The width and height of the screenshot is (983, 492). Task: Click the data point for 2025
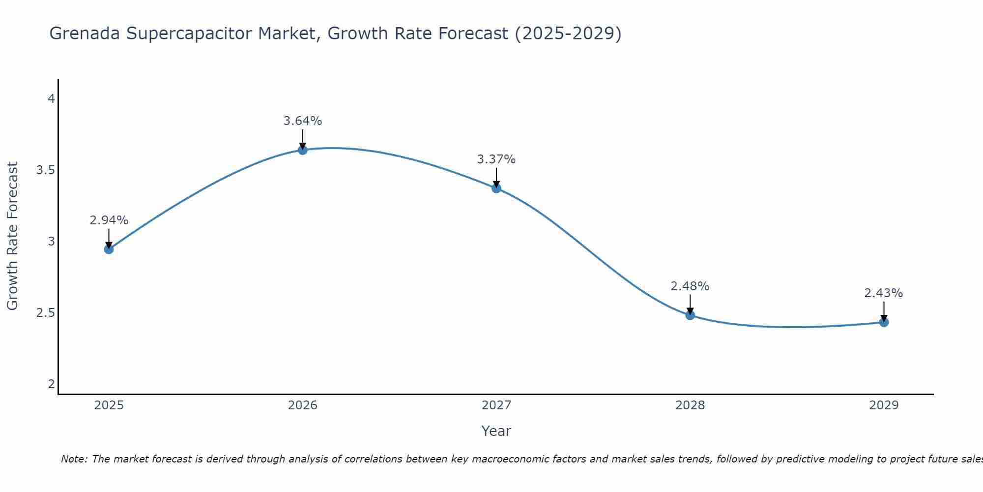109,249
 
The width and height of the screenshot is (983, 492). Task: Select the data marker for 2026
303,150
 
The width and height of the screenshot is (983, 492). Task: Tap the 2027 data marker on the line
496,188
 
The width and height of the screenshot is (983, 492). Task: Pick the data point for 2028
690,315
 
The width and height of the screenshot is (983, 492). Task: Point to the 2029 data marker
884,322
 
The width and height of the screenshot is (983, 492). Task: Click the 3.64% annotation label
303,121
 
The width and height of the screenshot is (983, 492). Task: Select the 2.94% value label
109,220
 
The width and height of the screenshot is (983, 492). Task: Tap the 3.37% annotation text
496,159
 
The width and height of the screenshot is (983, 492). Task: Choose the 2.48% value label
690,286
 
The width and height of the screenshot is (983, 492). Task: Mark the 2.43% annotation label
884,293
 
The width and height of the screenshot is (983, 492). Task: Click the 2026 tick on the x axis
303,405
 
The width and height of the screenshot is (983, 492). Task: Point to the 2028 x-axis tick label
690,405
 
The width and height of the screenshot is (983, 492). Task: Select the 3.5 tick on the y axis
45,170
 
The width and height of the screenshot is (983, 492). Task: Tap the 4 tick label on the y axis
51,99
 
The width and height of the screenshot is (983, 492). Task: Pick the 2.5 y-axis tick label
45,313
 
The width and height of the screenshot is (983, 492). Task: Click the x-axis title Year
496,431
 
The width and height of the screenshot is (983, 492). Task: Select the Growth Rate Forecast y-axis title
12,236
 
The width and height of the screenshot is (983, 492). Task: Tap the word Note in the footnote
74,459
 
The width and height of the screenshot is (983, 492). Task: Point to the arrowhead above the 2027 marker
496,184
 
